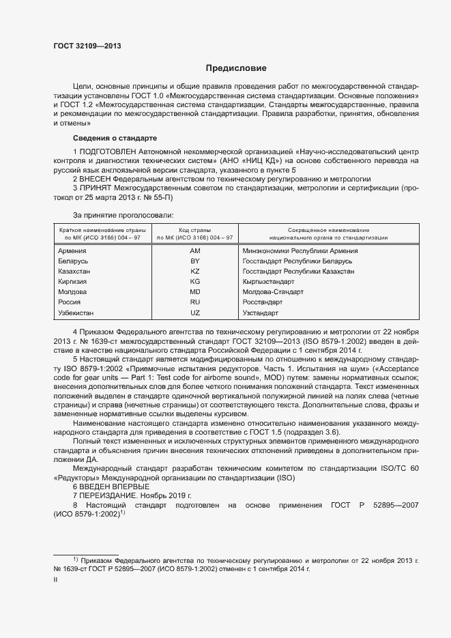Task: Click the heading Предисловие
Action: tap(237, 68)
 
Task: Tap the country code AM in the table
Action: tap(194, 250)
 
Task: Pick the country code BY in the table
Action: tap(194, 261)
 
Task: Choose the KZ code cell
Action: tap(194, 271)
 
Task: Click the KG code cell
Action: tap(194, 281)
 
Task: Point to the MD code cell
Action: tap(194, 291)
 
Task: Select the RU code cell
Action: tap(194, 302)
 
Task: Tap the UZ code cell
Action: tap(194, 313)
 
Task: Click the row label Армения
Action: tap(73, 250)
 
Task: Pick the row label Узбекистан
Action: tap(76, 313)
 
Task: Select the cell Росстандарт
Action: tap(262, 302)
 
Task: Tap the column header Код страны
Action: tap(194, 230)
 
